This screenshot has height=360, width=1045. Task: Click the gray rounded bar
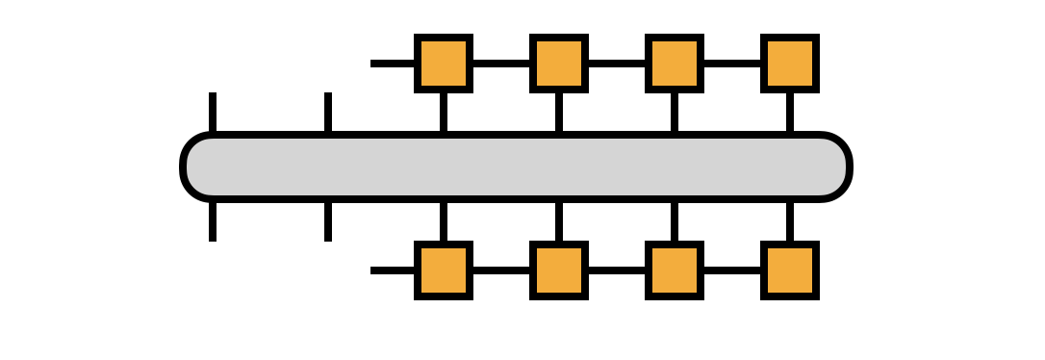516,167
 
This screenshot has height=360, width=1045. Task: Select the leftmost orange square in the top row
443,64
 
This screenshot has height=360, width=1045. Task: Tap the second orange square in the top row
558,64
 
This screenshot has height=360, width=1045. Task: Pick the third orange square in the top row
674,64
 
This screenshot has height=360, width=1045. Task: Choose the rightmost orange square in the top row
789,64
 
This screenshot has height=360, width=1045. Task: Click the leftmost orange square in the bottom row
443,270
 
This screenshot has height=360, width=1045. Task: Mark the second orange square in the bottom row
558,270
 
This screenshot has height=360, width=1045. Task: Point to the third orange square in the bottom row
674,270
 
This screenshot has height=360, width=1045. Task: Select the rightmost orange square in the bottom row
789,270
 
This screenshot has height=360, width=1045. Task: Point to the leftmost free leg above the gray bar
212,113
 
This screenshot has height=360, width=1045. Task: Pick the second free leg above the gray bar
328,113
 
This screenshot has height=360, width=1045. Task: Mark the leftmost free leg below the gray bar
212,220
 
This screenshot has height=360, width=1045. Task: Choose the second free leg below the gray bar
328,220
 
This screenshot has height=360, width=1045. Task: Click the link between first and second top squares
500,64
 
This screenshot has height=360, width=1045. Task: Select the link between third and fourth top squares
731,64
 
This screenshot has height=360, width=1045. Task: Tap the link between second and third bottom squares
616,270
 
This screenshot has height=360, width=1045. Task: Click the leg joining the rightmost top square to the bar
789,113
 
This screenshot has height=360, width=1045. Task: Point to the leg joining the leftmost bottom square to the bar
443,220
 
